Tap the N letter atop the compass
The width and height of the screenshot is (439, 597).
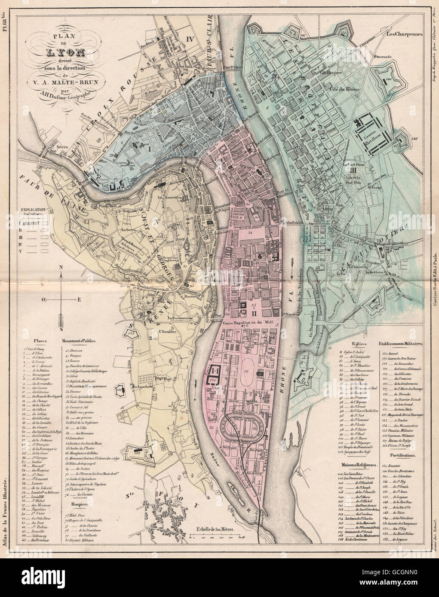[x=62, y=267]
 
